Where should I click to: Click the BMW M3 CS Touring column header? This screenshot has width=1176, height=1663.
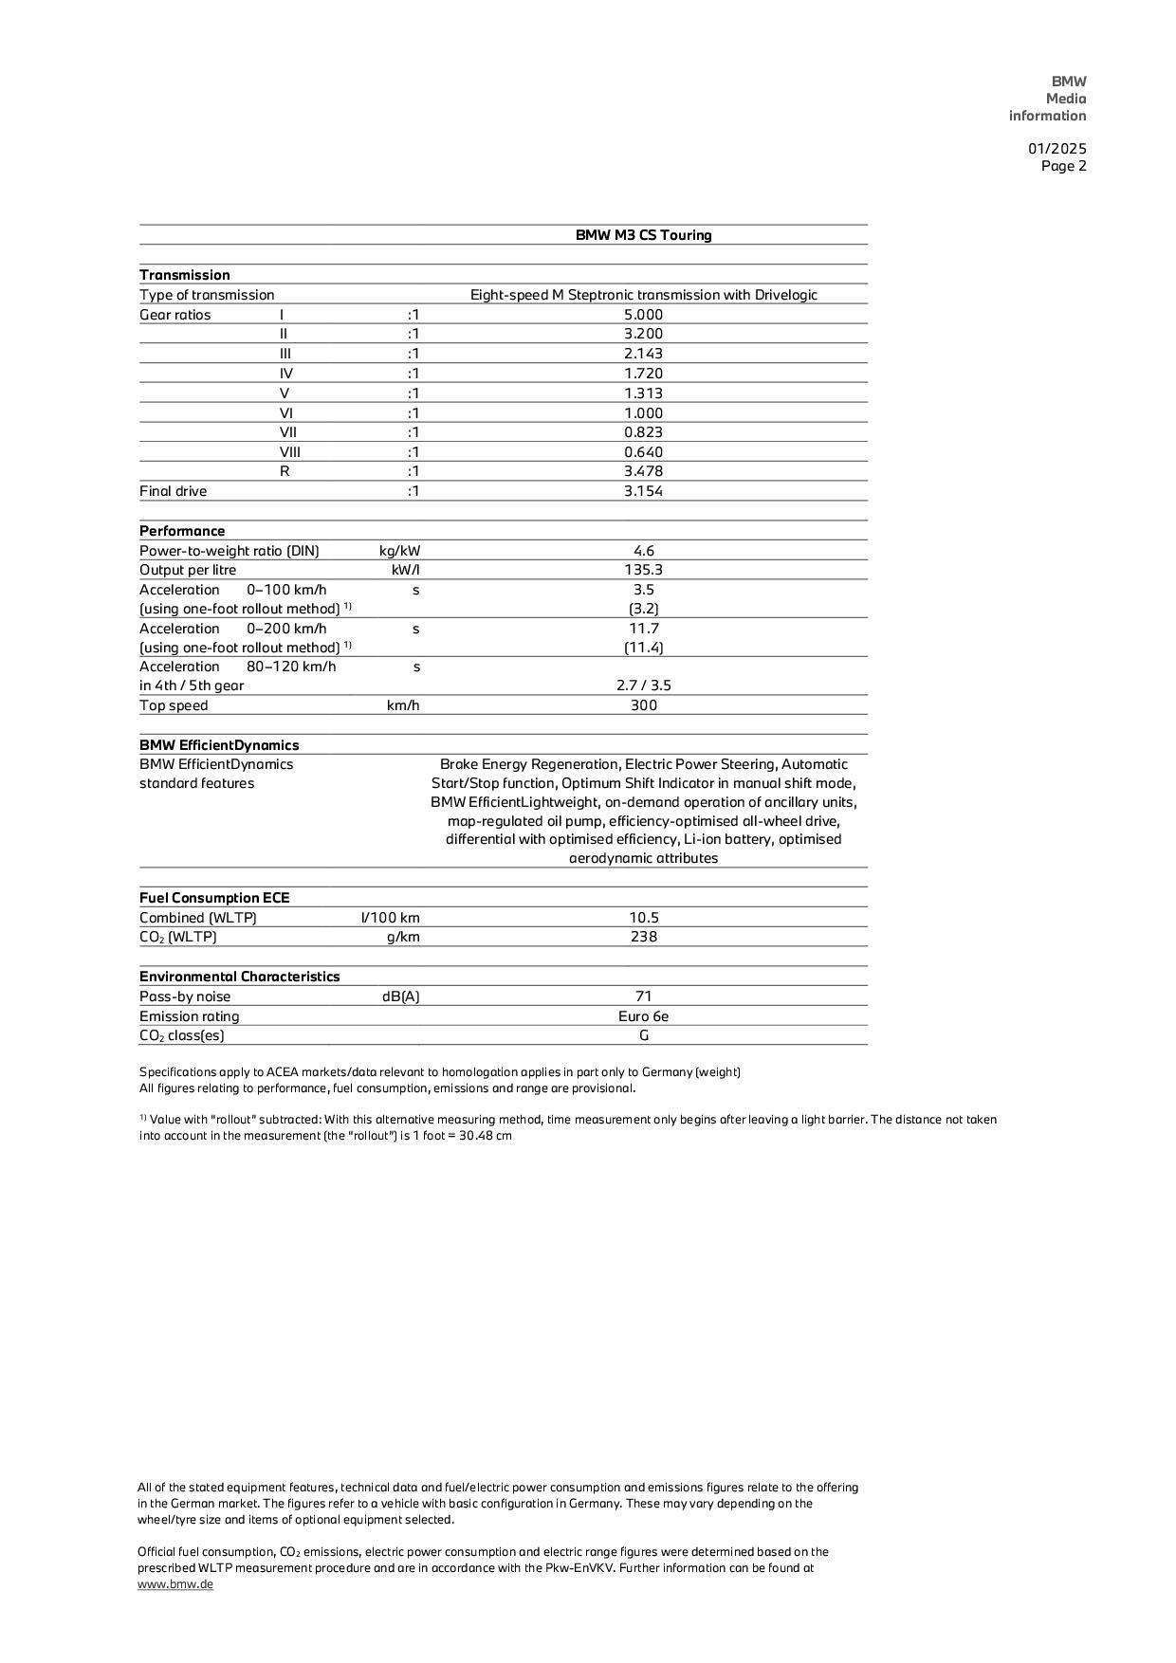coord(643,235)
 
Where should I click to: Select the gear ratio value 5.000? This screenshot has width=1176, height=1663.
coord(643,315)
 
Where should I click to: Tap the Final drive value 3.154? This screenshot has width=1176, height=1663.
coord(643,491)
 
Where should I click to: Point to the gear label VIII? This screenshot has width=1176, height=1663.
coord(289,452)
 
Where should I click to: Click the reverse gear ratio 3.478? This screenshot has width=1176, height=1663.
coord(643,471)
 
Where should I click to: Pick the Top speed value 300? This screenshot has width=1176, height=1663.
coord(643,705)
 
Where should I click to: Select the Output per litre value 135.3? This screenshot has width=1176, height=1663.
coord(643,570)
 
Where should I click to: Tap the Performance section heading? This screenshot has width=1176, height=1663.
coord(182,531)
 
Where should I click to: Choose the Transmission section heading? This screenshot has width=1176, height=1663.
coord(185,275)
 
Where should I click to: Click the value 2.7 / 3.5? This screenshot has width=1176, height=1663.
coord(643,685)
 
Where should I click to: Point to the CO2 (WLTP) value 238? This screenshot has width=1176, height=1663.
coord(643,937)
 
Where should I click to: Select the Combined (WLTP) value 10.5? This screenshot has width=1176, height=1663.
coord(643,918)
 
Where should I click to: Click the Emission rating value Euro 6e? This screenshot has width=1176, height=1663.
coord(643,1016)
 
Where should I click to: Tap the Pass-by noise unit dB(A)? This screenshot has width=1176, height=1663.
coord(400,996)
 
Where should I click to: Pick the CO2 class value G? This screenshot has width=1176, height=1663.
coord(643,1035)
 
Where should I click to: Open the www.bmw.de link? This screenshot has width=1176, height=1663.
coord(175,1584)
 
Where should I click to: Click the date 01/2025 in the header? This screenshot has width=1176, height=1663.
coord(1057,149)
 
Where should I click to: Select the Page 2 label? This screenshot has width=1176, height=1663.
coord(1063,166)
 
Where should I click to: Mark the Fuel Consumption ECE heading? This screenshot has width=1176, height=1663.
coord(214,898)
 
